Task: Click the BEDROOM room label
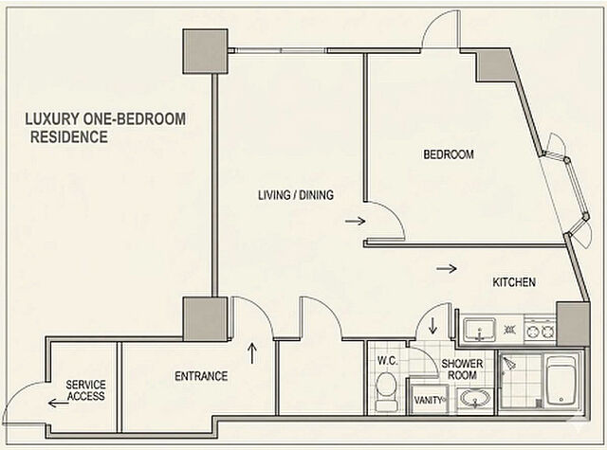point(449,154)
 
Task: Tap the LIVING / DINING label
point(296,195)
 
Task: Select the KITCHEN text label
point(514,282)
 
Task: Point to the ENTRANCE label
point(201,376)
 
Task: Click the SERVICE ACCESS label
point(85,390)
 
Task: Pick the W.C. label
point(388,361)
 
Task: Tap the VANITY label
point(428,400)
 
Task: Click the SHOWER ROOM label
point(462,369)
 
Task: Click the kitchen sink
point(480,330)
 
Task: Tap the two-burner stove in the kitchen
point(540,331)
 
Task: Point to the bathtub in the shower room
point(561,382)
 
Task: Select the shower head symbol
point(508,364)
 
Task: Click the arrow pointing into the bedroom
point(356,221)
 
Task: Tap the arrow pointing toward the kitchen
point(447,268)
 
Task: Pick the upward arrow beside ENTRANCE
point(252,352)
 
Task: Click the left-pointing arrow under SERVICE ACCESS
point(59,404)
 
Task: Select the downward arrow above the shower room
point(432,326)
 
